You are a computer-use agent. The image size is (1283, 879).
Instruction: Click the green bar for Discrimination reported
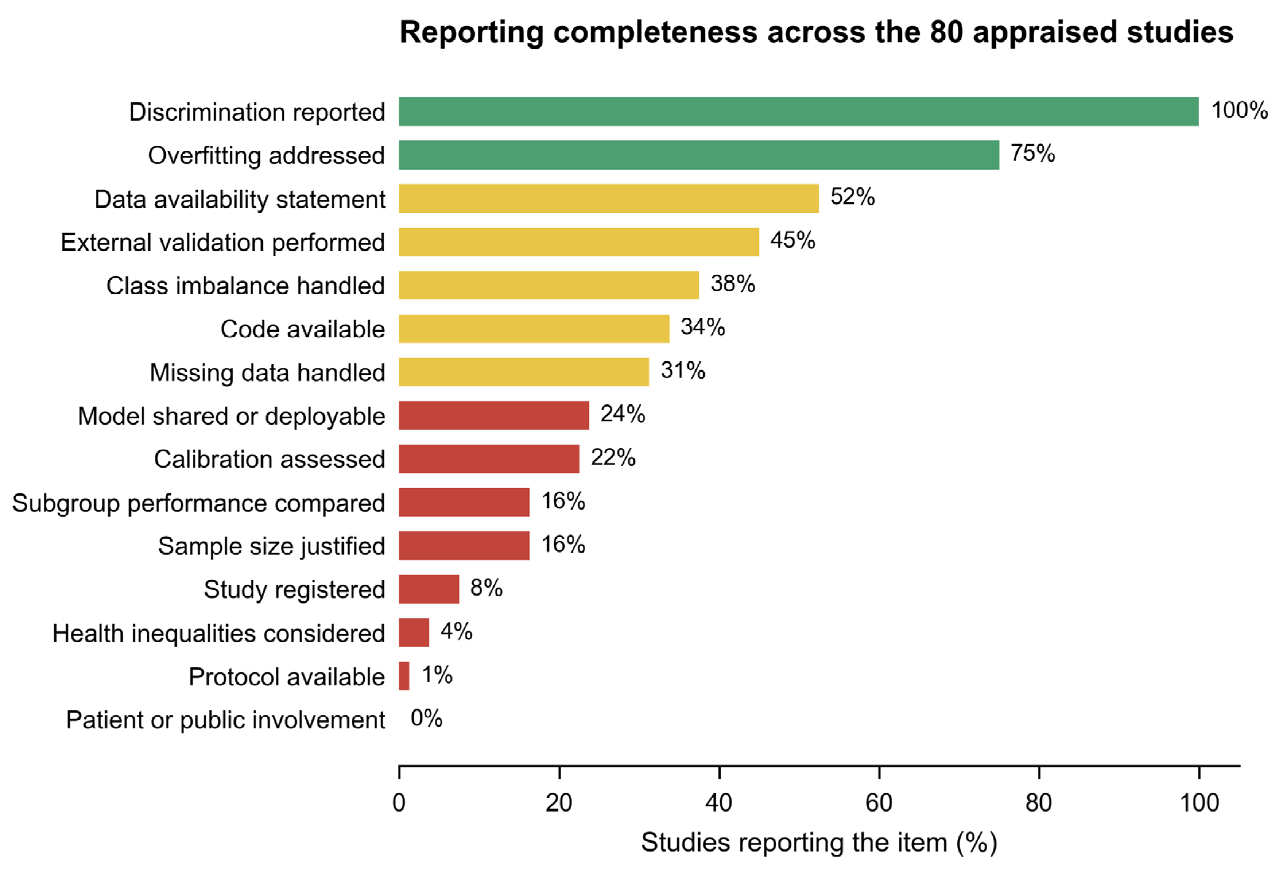[x=799, y=112]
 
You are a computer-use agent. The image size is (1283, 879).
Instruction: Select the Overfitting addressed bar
[x=699, y=155]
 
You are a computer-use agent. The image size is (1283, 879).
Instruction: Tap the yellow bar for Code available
[x=534, y=329]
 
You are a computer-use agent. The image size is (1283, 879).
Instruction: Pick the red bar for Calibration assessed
[x=489, y=459]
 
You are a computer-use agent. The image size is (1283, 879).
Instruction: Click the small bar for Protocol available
[x=404, y=676]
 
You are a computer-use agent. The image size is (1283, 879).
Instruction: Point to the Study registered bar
[x=429, y=589]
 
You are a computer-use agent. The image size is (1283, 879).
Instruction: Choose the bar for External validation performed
[x=579, y=242]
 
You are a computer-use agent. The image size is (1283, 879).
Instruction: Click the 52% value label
[x=852, y=197]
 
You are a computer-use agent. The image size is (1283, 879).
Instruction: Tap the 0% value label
[x=427, y=718]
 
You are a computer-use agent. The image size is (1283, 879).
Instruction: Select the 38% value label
[x=733, y=284]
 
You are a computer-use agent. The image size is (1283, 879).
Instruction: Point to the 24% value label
[x=623, y=414]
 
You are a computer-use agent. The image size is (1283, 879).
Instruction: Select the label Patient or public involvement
[x=226, y=720]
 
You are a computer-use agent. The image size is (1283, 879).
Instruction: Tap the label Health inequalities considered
[x=218, y=633]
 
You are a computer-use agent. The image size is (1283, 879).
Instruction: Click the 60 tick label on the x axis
[x=879, y=803]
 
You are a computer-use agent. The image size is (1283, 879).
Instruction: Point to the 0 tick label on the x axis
[x=399, y=803]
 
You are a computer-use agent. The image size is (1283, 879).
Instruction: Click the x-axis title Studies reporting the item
[x=794, y=843]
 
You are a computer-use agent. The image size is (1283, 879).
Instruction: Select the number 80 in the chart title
[x=947, y=32]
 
